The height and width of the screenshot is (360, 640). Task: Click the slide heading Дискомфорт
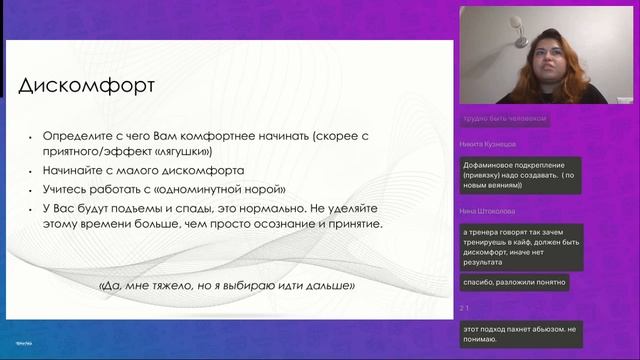88,85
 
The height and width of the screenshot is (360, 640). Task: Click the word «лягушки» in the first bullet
185,152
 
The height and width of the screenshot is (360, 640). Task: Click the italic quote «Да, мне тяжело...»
227,285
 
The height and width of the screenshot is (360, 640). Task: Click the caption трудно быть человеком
504,118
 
